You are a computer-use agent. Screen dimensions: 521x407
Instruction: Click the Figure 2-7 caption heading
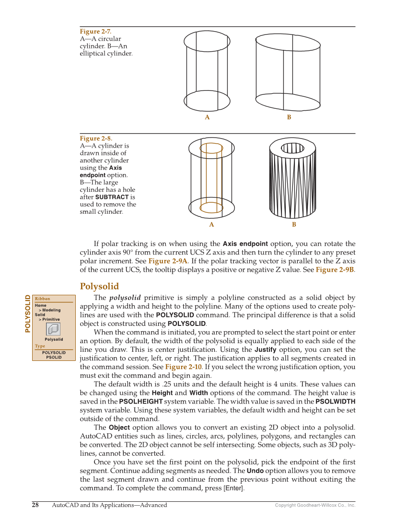click(95, 32)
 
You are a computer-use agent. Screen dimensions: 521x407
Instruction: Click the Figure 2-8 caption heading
click(96, 139)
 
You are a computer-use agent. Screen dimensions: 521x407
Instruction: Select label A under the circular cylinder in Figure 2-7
click(207, 117)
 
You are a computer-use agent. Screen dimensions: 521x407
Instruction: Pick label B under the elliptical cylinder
click(289, 117)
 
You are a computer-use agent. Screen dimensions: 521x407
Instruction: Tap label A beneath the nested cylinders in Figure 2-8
click(211, 224)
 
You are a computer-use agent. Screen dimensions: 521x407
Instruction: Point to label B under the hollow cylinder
click(294, 224)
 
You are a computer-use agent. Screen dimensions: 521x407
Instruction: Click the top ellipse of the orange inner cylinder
click(211, 148)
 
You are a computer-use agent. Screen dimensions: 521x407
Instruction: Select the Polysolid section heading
click(99, 287)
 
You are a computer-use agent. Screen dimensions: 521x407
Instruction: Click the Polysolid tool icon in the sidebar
click(53, 329)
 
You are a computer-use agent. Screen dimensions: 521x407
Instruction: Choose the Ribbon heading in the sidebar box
click(42, 299)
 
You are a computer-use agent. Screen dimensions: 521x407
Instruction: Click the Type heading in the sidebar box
click(40, 346)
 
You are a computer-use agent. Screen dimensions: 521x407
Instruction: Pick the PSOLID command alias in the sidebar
click(54, 357)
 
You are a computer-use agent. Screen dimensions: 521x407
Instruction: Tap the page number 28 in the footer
click(35, 505)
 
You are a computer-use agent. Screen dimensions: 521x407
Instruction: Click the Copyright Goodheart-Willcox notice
click(315, 505)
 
